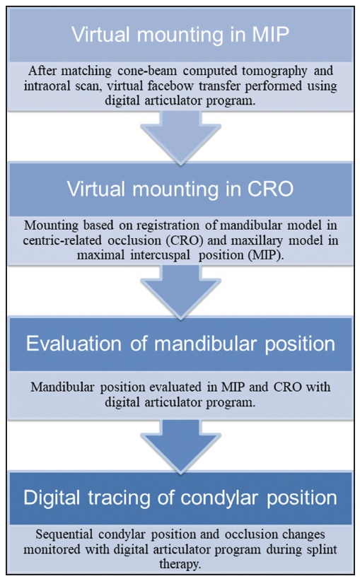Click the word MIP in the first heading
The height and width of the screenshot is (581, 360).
(271, 35)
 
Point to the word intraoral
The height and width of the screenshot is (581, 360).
(47, 86)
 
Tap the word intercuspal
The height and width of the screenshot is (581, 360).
(160, 256)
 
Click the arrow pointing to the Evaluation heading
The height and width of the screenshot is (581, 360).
(180, 291)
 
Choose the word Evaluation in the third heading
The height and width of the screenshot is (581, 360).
(74, 344)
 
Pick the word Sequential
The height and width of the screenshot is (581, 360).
(64, 534)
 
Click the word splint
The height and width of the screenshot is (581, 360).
(320, 549)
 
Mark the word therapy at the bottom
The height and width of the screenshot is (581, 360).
(180, 565)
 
